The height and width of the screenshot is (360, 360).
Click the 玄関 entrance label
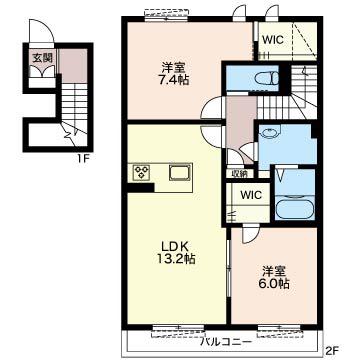click(42, 58)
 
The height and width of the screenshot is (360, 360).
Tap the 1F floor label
click(82, 159)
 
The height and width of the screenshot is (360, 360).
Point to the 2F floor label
click(332, 350)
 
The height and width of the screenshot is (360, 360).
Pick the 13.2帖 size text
click(176, 259)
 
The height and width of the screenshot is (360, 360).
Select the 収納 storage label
click(240, 173)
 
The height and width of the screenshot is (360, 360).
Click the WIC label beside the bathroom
click(252, 195)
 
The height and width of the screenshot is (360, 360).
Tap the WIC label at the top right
click(273, 40)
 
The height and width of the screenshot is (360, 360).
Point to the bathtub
click(295, 208)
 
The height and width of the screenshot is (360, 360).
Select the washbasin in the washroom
click(268, 133)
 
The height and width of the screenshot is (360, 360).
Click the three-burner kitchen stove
click(142, 173)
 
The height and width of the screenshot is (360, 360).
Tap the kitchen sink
click(180, 173)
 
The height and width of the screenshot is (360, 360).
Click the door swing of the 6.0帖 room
click(251, 233)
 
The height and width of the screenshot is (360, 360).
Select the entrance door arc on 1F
click(41, 31)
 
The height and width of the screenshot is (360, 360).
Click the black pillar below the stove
click(141, 187)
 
